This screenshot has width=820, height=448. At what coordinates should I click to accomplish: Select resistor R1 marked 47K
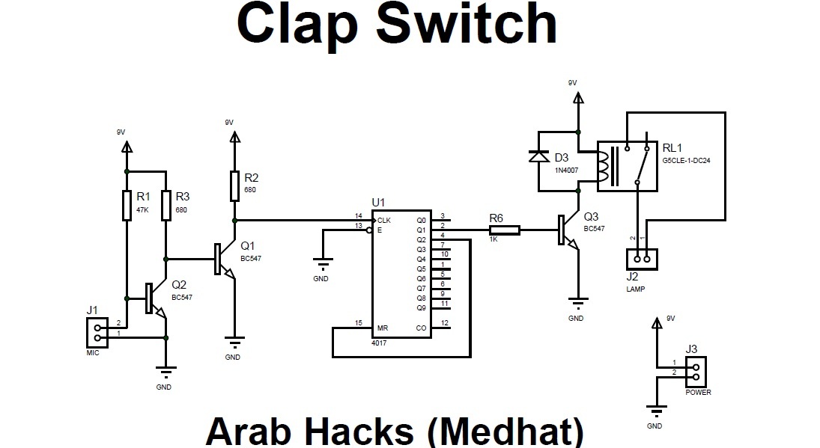pos(127,205)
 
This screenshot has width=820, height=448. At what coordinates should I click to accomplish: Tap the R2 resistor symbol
pos(234,184)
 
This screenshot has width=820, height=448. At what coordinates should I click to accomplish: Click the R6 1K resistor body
pos(504,230)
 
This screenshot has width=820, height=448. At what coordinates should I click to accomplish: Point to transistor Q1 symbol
pos(221,260)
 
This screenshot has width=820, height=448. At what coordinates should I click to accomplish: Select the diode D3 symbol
pos(535,156)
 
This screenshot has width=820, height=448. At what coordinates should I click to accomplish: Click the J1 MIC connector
pos(95,331)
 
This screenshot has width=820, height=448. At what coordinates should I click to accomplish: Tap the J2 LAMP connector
pos(642,260)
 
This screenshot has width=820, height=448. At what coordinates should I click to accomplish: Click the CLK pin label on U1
pos(384,221)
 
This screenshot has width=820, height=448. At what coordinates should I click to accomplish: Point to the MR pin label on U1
pos(383,328)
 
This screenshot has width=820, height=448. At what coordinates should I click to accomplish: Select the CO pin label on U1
pos(420,328)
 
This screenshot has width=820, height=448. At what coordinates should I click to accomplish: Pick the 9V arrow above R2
pos(234,137)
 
